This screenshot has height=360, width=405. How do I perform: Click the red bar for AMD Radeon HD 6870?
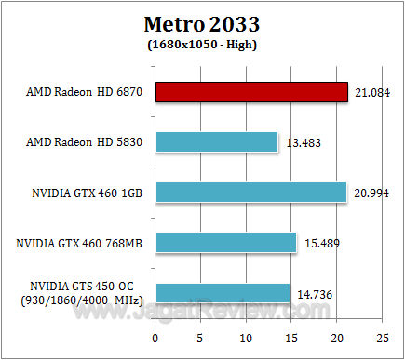pyautogui.click(x=251, y=92)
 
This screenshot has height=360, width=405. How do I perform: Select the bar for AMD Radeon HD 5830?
pyautogui.click(x=216, y=142)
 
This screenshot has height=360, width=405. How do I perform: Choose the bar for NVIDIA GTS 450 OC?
pyautogui.click(x=223, y=293)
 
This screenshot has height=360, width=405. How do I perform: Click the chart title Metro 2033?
pyautogui.click(x=202, y=22)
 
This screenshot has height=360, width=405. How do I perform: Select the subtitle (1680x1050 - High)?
pyautogui.click(x=202, y=43)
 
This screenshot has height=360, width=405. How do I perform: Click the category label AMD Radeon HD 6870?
pyautogui.click(x=85, y=92)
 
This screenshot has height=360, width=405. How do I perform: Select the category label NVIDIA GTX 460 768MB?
pyautogui.click(x=80, y=243)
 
